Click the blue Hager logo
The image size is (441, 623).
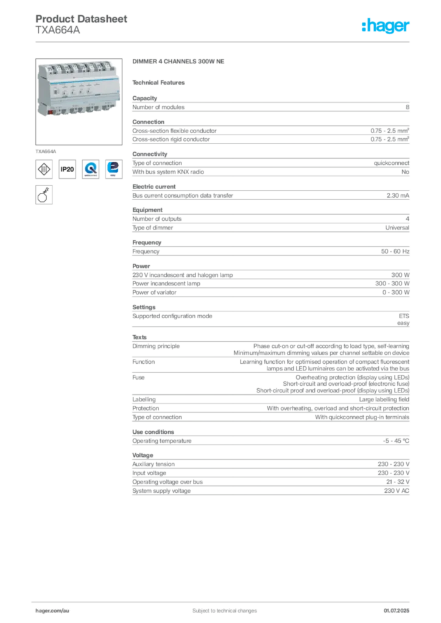point(386,27)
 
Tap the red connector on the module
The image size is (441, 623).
point(47,112)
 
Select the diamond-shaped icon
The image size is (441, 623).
point(44,169)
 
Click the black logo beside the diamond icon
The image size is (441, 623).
point(68,170)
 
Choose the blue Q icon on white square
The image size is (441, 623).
point(91,169)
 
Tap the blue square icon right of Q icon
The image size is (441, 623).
point(113,169)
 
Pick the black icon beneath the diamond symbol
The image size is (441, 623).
point(43,195)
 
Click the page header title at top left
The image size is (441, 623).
point(82,19)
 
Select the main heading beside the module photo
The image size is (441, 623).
point(180,63)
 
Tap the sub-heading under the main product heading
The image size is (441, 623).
point(161,82)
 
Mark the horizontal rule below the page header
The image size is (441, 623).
point(224,41)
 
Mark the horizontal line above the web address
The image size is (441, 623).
point(224,600)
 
